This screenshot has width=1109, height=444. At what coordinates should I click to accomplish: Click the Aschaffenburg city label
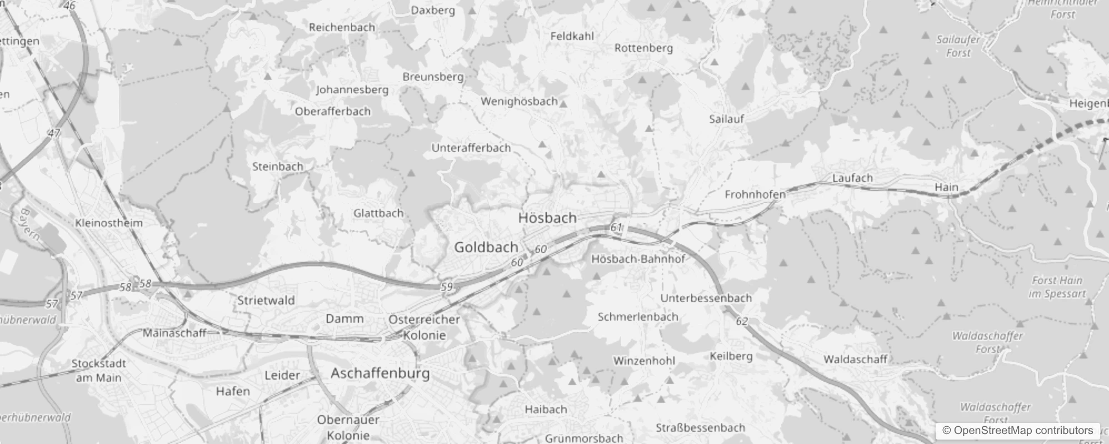coord(380,373)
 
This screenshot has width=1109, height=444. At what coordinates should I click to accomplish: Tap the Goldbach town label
coord(486,247)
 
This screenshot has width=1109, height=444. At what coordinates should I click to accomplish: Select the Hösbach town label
coord(547,218)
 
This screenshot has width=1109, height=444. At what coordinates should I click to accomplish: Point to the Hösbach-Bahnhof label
coord(638,259)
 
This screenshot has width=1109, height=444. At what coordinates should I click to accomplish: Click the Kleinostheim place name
coord(109,223)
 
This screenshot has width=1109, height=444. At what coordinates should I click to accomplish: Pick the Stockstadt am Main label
coord(99,371)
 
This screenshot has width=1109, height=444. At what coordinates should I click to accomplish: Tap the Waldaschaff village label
coord(855,359)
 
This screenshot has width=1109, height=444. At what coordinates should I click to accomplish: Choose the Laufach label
coord(852,178)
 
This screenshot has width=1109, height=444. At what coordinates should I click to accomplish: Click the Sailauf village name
coord(726,119)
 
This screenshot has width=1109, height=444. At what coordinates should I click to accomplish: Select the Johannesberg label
coord(352,89)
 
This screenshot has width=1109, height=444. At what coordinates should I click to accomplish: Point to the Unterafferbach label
coord(471,148)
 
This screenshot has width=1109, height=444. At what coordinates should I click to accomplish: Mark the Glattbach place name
coord(378,213)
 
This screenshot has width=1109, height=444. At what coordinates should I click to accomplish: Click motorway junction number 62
coord(742,321)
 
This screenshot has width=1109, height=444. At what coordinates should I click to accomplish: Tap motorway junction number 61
coord(616,228)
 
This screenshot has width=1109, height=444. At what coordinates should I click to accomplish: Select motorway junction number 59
coord(447,287)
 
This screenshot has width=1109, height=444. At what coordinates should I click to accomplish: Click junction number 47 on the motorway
coord(54,133)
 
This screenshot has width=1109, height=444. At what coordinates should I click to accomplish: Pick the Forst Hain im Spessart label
coord(1057,287)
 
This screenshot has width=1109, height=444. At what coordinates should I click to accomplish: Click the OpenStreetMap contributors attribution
coord(1023,431)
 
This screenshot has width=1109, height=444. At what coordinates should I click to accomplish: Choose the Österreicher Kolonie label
coord(424,327)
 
